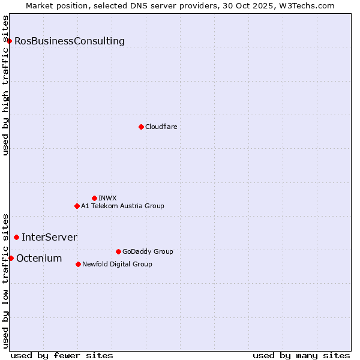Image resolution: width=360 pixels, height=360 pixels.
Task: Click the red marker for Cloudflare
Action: point(141,127)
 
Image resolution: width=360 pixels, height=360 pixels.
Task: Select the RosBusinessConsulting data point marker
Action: point(10,41)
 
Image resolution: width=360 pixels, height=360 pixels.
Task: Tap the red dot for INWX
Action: point(94,198)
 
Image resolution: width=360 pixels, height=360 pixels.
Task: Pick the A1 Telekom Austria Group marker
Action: point(77,206)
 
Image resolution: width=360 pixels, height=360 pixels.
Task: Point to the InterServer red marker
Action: point(16,238)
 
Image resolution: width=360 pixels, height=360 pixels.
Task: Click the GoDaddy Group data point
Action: point(118,251)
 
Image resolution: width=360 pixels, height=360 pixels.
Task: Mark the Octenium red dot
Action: point(11,258)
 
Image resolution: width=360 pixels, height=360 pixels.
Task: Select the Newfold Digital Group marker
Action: point(79,264)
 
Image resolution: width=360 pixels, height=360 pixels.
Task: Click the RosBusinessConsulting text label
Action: point(70,41)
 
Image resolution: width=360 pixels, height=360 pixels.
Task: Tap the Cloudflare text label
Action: point(161,127)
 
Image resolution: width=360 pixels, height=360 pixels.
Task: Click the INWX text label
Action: point(107,198)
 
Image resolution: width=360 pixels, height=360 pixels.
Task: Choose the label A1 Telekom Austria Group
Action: point(122,206)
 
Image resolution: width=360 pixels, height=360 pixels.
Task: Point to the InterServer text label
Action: point(49,238)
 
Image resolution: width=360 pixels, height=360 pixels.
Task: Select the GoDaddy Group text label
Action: point(148,251)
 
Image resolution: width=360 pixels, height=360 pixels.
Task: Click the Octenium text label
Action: point(39,259)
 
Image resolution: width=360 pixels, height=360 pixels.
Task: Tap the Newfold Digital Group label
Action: point(117,264)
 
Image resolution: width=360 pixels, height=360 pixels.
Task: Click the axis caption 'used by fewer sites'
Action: point(62,355)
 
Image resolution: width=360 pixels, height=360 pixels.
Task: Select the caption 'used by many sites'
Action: point(301,355)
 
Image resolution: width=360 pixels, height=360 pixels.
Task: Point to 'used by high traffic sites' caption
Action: point(6,85)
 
